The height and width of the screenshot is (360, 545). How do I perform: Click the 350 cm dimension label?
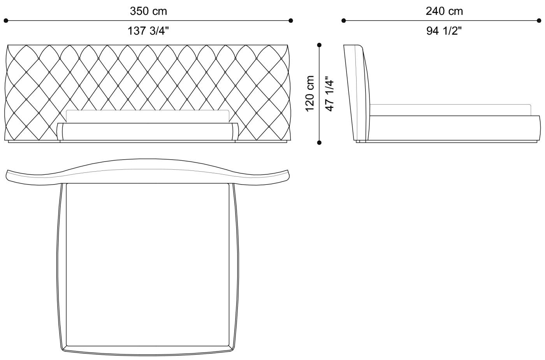(x=148, y=11)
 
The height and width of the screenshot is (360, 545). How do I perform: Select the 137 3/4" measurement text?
(x=148, y=31)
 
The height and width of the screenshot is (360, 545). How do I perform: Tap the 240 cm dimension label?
(x=444, y=11)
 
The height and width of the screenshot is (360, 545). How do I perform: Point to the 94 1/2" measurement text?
(x=444, y=31)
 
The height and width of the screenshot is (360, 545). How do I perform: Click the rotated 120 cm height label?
(x=310, y=93)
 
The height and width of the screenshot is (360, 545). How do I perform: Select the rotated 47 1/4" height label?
(x=329, y=93)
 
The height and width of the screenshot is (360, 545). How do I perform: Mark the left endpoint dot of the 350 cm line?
(x=6, y=21)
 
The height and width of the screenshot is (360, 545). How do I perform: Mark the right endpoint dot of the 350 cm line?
(x=291, y=21)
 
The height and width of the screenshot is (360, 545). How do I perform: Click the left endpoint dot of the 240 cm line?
(x=344, y=21)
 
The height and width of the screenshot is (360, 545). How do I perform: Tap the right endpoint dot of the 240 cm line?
(x=539, y=21)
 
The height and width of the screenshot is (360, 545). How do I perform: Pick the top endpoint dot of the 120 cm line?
(x=319, y=45)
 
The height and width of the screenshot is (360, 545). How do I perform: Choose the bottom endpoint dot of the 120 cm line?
(x=319, y=142)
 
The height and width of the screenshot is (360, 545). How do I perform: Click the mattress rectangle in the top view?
(x=148, y=265)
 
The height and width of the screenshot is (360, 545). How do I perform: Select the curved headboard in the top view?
(x=148, y=171)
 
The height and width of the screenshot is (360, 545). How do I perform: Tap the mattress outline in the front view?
(x=148, y=116)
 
